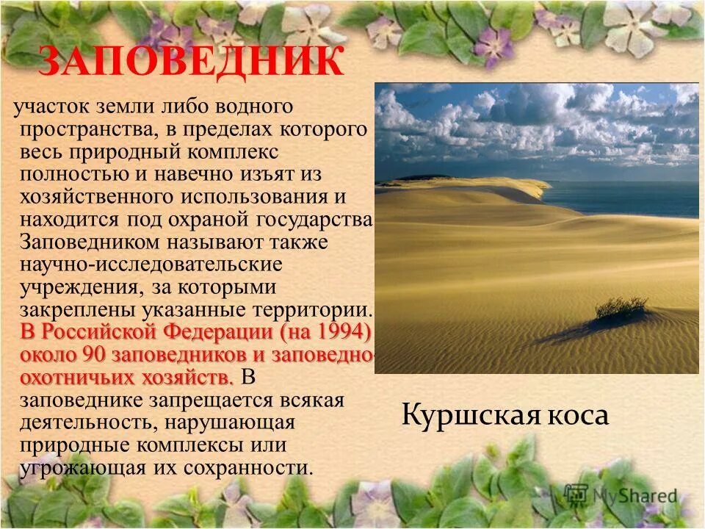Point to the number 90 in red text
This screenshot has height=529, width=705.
97,354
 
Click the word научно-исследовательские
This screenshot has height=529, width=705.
151,264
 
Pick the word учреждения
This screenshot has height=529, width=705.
74,287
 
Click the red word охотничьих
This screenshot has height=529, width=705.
80,377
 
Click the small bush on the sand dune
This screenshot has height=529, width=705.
621,308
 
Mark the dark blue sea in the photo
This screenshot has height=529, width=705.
624,198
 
